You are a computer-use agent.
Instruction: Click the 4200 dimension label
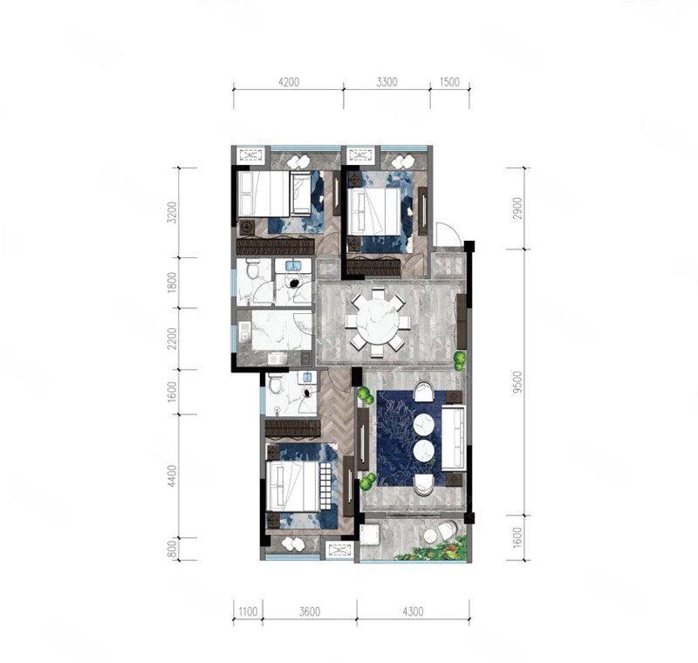tap(289, 82)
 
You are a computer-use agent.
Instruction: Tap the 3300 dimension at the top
tap(387, 82)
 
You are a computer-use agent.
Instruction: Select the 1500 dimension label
tap(449, 82)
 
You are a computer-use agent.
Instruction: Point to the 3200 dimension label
tap(172, 212)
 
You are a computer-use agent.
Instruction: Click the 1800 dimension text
tap(172, 283)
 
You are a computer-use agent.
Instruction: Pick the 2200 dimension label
tap(172, 338)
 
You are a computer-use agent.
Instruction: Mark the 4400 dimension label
tap(172, 476)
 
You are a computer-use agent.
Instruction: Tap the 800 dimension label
tap(172, 549)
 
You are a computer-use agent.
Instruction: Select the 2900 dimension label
tap(517, 208)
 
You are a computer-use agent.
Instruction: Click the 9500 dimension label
tap(517, 382)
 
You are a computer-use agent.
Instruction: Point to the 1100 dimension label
tap(248, 612)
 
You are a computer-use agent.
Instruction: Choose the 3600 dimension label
tap(310, 612)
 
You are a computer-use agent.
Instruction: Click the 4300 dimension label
tap(413, 612)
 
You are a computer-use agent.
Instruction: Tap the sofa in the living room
tap(453, 438)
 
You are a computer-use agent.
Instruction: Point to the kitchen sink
tap(244, 331)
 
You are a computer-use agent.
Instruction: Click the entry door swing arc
tap(447, 233)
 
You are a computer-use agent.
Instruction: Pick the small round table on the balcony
tap(431, 537)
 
